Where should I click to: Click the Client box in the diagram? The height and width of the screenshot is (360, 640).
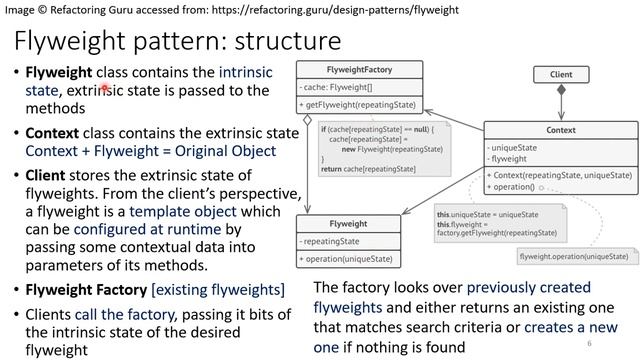coord(561,74)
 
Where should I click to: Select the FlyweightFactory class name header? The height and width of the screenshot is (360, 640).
coord(359,70)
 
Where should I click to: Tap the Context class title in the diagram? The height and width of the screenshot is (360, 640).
coord(560,130)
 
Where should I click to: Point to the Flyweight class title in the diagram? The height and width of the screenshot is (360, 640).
coord(347,224)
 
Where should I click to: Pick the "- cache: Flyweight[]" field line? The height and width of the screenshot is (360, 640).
coord(339,87)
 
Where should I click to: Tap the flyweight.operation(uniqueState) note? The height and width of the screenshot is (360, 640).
coord(573,257)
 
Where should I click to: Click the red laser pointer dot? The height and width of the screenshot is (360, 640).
coord(104,90)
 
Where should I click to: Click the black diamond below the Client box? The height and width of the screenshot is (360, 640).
coord(561,91)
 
